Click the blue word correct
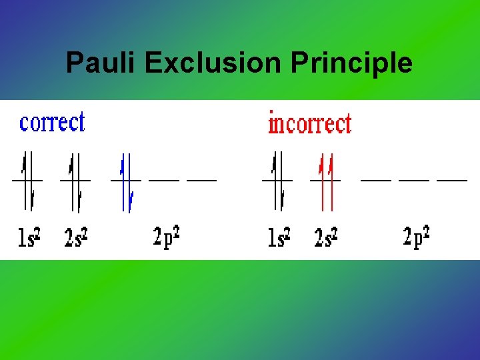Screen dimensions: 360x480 click(52, 122)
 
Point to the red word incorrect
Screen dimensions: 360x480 click(309, 123)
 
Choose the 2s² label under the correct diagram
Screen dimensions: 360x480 click(77, 237)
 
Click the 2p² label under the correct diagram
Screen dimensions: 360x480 click(166, 237)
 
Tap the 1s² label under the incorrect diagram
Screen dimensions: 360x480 click(278, 237)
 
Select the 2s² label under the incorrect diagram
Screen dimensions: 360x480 click(326, 237)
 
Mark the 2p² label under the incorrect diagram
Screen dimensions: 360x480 click(417, 237)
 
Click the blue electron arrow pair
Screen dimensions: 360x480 click(126, 181)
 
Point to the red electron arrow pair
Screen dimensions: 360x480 click(326, 181)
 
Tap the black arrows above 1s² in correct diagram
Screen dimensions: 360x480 click(28, 180)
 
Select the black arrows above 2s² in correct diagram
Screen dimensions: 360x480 click(75, 180)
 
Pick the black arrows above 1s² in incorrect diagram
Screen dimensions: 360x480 click(278, 180)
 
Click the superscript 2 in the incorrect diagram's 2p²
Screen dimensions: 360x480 click(426, 231)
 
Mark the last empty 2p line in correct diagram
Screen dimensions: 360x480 click(202, 180)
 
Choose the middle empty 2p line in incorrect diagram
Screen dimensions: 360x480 click(414, 180)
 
